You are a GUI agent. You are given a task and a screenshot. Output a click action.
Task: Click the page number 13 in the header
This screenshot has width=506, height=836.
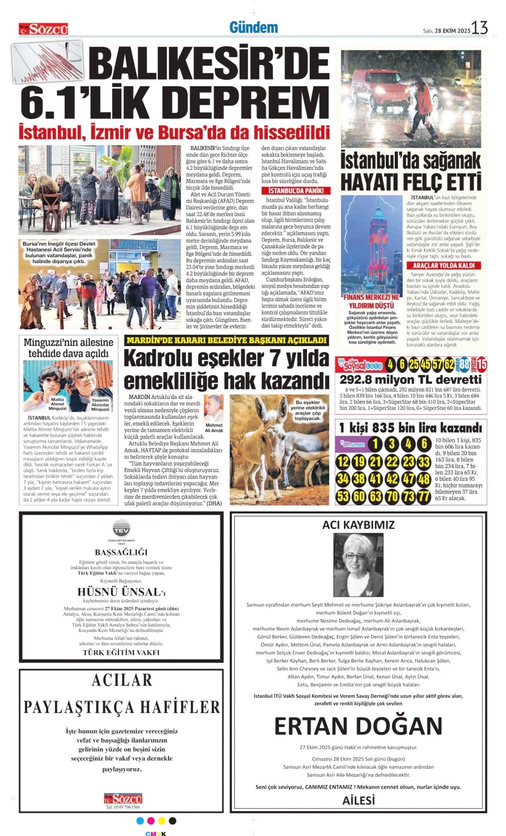pyautogui.click(x=479, y=28)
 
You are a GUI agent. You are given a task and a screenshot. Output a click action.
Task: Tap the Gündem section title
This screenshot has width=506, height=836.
pyautogui.click(x=254, y=27)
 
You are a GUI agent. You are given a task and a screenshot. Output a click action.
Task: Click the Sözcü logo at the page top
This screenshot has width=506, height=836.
pyautogui.click(x=43, y=29)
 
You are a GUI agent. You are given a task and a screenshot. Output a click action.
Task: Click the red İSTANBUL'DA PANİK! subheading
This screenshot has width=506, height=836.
pyautogui.click(x=296, y=191)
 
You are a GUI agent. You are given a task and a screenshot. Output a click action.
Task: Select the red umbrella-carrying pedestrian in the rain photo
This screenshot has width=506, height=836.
pyautogui.click(x=423, y=107)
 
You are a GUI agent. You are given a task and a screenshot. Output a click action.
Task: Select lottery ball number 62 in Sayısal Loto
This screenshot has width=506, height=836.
pyautogui.click(x=449, y=365)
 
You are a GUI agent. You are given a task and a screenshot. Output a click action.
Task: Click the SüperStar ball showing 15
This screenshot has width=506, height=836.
pyautogui.click(x=482, y=365)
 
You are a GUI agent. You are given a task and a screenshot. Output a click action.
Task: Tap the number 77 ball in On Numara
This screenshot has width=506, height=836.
pyautogui.click(x=424, y=497)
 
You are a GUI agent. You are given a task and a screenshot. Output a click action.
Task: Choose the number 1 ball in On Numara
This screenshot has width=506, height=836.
pyautogui.click(x=375, y=444)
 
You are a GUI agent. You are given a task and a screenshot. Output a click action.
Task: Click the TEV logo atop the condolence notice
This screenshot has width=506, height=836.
pyautogui.click(x=121, y=528)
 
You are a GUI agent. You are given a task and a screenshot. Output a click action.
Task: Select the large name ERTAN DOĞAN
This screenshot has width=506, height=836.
pyautogui.click(x=358, y=726)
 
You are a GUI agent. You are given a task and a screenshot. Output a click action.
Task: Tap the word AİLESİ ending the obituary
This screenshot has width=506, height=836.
pyautogui.click(x=358, y=800)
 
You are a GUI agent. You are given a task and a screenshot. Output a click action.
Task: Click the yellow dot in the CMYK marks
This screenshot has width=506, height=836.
pyautogui.click(x=162, y=821)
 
